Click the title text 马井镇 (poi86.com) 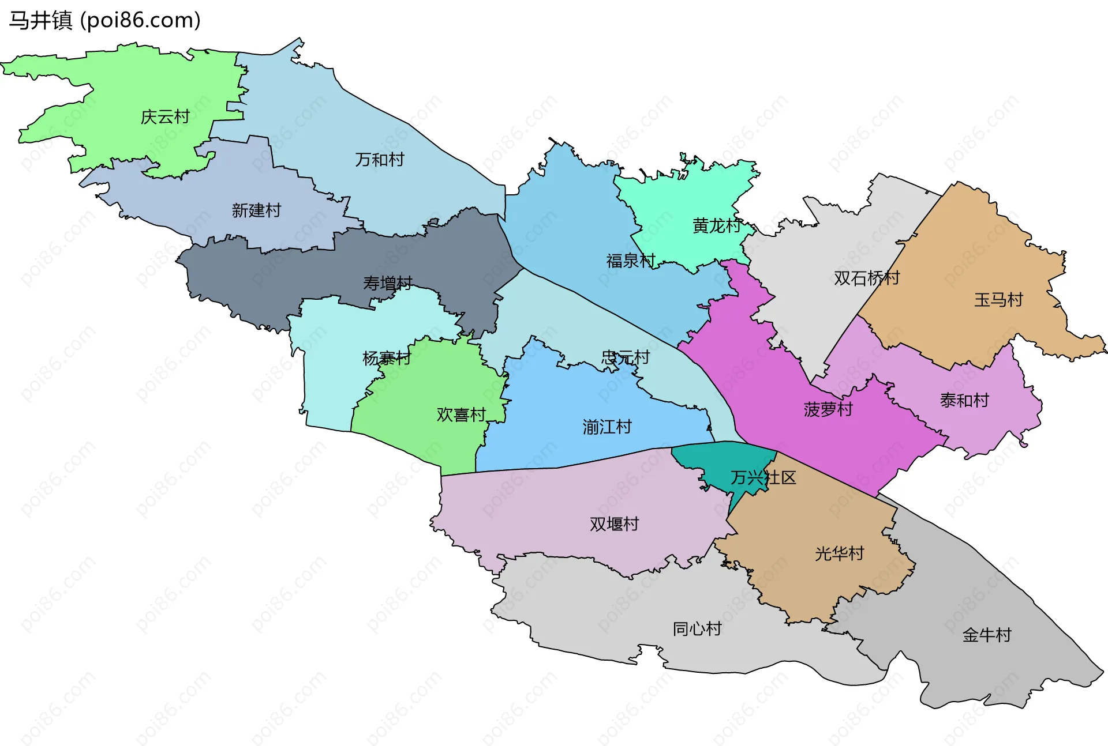tap(104, 20)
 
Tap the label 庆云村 tap(165, 117)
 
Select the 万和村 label tap(379, 160)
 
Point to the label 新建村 tap(256, 210)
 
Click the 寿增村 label tap(387, 283)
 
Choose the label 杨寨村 tap(386, 359)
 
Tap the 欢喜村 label tap(461, 415)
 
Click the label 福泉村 tap(631, 261)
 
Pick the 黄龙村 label tap(717, 225)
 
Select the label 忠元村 tap(626, 357)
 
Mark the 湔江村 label tap(607, 427)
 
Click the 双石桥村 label tap(867, 278)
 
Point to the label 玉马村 tap(998, 300)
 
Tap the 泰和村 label tap(964, 400)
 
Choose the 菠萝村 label tap(828, 410)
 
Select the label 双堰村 tap(614, 524)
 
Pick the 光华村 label tap(839, 554)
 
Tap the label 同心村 tap(697, 629)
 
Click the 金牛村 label tap(987, 635)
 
